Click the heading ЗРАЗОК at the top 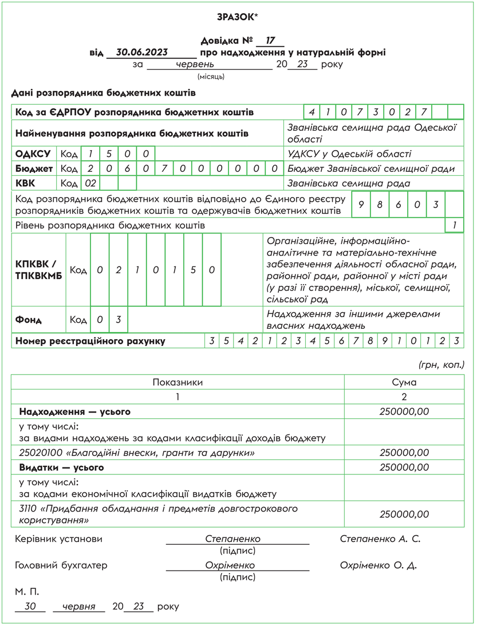pos(238,17)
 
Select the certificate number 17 pos(271,41)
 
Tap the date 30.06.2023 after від pos(142,52)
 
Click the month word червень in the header pos(195,64)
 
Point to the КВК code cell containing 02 pos(90,184)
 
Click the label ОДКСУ pos(33,154)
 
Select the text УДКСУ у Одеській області pos(349,154)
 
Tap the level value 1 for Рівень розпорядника pos(454,226)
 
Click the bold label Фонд pos(29,320)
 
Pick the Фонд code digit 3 pos(119,320)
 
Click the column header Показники pos(178,382)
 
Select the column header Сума pos(404,382)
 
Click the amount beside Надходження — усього pos(404,411)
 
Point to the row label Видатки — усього pos(62,467)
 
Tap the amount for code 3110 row pos(404,514)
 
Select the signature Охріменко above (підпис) pos(230,565)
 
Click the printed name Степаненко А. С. pos(380,539)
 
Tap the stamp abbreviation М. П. pos(27,591)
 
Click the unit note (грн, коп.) pos(441,364)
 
